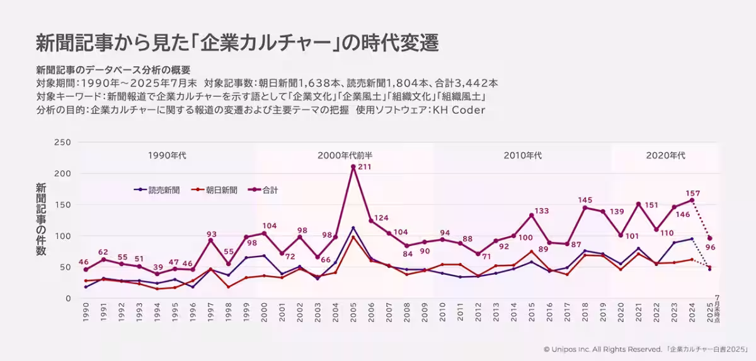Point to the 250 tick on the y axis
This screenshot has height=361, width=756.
(x=62, y=142)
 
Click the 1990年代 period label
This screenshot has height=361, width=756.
(x=167, y=155)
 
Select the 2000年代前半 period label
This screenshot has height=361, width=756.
(x=349, y=155)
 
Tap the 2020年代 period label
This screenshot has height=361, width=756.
(x=665, y=155)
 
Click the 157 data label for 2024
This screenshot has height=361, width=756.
(x=692, y=193)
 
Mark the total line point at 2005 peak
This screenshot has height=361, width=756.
(x=353, y=167)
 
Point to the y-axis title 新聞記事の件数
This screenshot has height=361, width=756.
(x=40, y=219)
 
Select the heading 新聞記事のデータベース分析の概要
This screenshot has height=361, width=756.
(x=113, y=70)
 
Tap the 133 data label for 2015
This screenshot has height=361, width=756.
(x=542, y=211)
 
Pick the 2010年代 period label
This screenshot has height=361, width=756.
(x=522, y=155)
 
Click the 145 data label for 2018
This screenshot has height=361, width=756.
(x=585, y=200)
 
